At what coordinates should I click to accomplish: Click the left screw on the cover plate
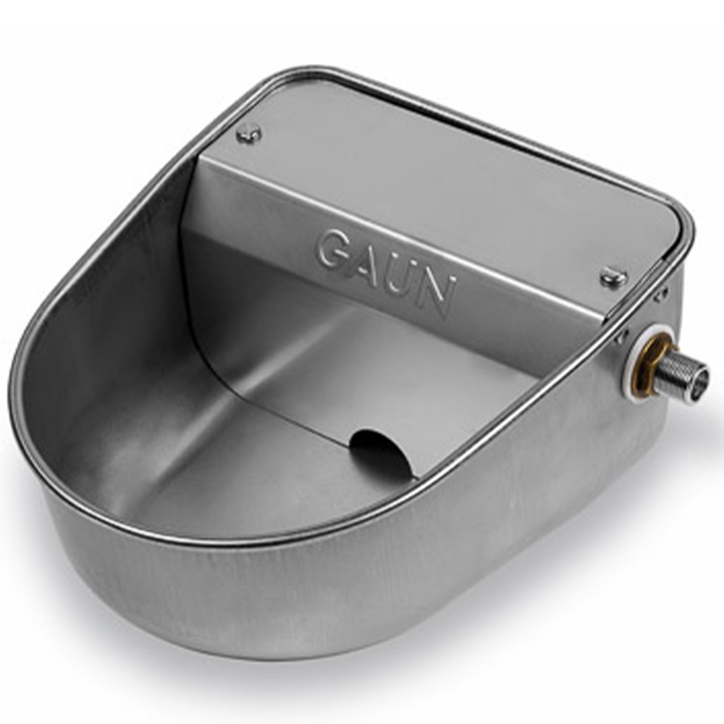click(x=248, y=133)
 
